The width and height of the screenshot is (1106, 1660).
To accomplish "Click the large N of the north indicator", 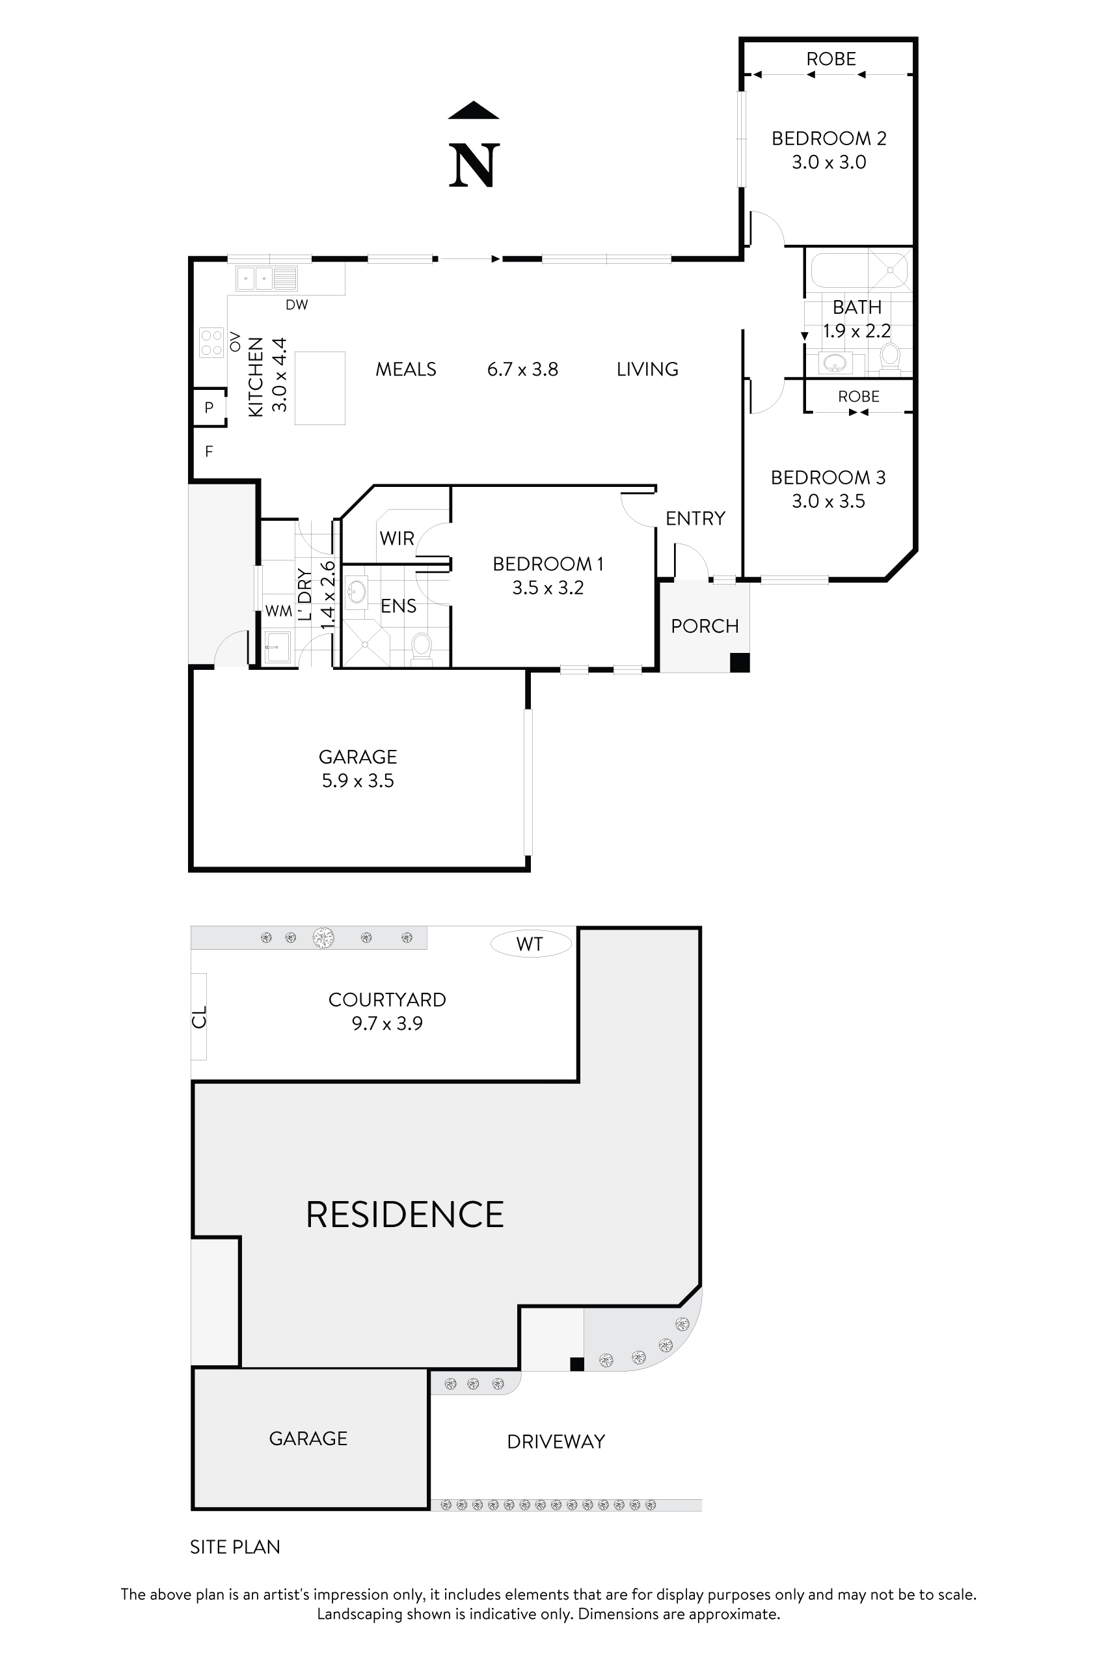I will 474,166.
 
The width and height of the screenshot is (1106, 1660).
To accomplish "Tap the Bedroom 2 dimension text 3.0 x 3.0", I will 829,162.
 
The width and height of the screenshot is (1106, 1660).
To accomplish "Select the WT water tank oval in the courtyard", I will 530,944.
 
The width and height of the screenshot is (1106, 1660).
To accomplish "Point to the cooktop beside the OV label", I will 211,343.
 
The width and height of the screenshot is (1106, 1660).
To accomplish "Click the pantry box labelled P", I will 209,408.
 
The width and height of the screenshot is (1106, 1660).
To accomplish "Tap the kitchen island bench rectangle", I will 319,388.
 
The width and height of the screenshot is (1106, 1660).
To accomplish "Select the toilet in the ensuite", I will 421,646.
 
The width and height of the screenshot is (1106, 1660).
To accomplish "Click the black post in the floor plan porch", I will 739,662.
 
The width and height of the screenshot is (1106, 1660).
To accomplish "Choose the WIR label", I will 396,538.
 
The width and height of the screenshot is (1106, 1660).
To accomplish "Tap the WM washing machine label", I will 278,611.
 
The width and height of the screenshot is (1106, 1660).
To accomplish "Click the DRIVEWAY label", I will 556,1442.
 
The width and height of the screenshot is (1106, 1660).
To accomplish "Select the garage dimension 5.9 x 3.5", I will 358,781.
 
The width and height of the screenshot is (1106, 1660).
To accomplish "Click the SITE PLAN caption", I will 235,1547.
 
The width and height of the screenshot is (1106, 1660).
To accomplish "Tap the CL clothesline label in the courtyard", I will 200,1017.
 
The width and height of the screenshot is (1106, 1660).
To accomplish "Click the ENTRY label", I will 695,519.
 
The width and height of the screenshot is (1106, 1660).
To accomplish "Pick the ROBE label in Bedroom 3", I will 858,396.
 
